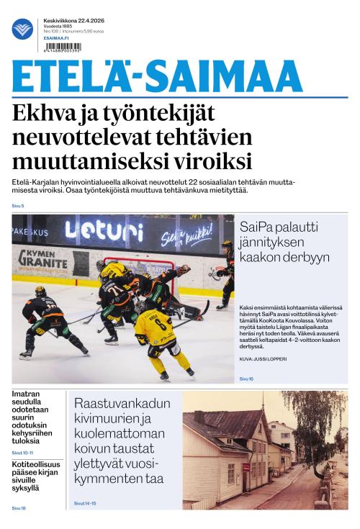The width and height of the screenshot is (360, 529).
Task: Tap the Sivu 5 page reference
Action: pos(18,206)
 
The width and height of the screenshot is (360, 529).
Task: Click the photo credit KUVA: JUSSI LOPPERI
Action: pos(264,358)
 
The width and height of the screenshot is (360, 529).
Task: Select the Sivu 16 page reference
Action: pos(247,378)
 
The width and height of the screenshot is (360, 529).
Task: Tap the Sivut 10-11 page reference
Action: pos(22,452)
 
